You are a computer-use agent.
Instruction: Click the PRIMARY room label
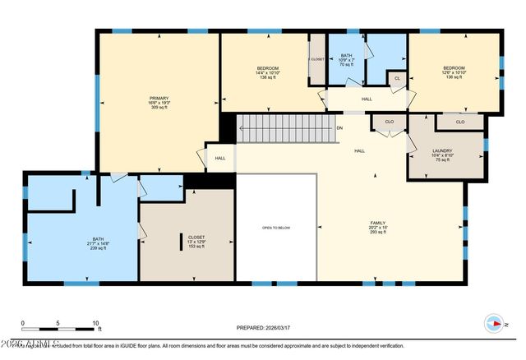click(159, 97)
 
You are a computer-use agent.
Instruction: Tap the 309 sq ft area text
click(159, 108)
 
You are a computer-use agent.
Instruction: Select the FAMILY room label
click(377, 223)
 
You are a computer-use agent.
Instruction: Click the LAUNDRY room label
click(443, 150)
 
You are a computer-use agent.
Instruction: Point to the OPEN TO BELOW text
click(276, 228)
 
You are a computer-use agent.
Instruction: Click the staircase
click(288, 129)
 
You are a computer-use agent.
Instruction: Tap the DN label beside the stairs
click(340, 128)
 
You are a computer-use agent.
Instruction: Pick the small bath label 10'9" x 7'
click(347, 59)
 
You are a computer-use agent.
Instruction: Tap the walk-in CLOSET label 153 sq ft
click(196, 247)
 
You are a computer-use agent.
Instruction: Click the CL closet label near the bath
click(397, 79)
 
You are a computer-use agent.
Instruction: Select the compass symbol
click(495, 323)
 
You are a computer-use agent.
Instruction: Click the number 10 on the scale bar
click(95, 323)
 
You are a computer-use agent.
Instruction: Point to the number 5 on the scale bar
click(58, 323)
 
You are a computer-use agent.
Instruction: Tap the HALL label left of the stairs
click(220, 159)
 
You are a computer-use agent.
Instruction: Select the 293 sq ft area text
click(377, 233)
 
